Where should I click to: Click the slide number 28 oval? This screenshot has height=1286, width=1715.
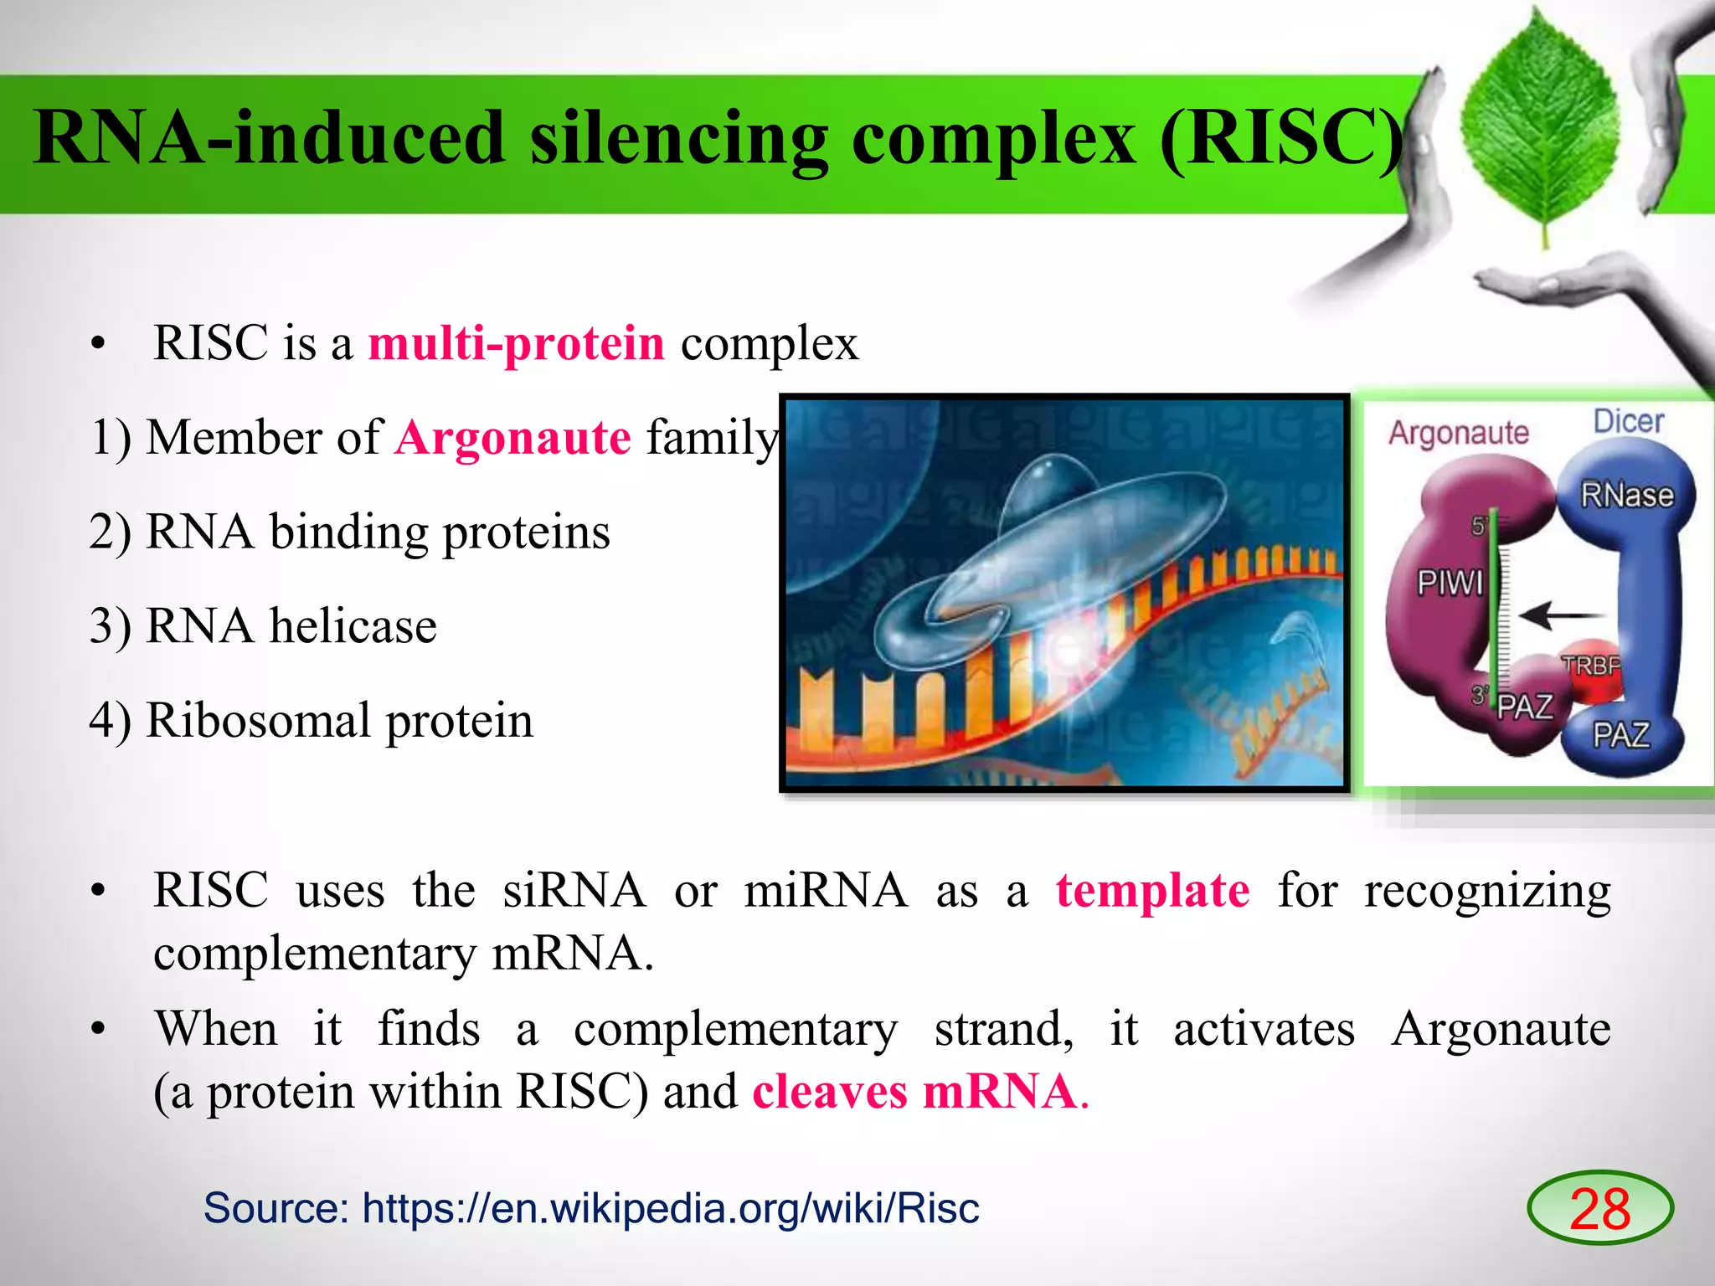[1599, 1208]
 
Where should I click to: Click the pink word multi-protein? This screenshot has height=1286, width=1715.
[516, 343]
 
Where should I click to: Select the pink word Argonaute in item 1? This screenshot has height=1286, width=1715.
[512, 438]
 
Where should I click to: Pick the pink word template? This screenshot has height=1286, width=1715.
[1152, 890]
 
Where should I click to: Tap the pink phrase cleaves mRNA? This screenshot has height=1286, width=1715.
[914, 1092]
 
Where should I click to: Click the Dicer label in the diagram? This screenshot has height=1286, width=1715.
[1628, 421]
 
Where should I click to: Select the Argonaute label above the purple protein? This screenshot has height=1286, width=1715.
[1459, 433]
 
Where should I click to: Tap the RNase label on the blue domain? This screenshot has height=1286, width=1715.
[1626, 495]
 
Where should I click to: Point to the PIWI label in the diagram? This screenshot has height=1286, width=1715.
[1450, 582]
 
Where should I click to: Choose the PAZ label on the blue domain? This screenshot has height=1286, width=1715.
[1620, 735]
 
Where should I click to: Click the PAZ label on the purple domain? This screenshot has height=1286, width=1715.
[1524, 707]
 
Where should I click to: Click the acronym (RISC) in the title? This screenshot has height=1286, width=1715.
[1281, 138]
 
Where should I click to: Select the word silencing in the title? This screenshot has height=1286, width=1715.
[678, 138]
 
